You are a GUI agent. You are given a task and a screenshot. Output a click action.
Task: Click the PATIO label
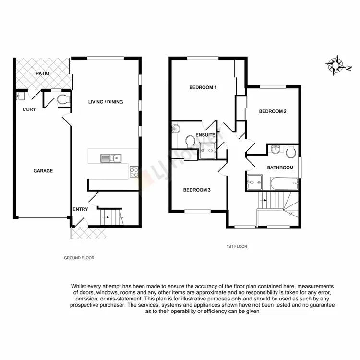point(43,73)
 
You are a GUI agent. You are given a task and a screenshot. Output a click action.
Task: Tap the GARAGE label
point(43,171)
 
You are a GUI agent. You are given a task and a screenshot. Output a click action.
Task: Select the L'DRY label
point(29,109)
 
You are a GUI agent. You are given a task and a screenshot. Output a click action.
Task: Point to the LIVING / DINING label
point(106,102)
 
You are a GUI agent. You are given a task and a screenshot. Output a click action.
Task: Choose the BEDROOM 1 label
point(203,87)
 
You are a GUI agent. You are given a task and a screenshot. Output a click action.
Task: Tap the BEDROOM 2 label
point(273,111)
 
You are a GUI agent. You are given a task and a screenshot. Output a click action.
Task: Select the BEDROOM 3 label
point(197,190)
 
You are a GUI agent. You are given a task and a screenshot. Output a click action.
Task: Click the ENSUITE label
point(205,135)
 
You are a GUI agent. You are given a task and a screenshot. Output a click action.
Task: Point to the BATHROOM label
point(280,168)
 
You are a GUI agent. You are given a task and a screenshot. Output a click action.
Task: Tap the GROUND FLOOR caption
point(79,258)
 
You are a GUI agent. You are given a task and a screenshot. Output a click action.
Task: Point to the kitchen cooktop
point(134,172)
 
